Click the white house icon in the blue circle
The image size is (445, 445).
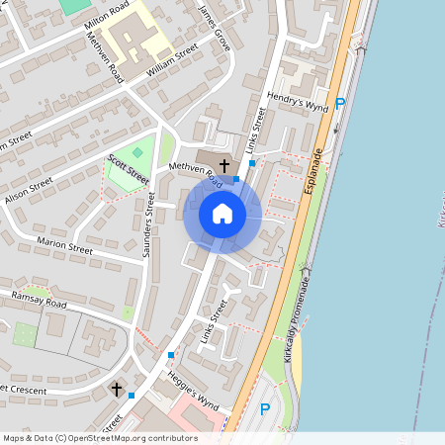[222, 213]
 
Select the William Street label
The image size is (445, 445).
[172, 61]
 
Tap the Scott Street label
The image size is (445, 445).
[129, 167]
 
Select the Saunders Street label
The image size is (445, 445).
[149, 224]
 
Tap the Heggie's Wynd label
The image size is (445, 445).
[194, 396]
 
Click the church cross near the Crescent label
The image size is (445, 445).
[117, 390]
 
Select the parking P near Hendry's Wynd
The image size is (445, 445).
[340, 103]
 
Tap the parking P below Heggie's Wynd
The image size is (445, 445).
[264, 409]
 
